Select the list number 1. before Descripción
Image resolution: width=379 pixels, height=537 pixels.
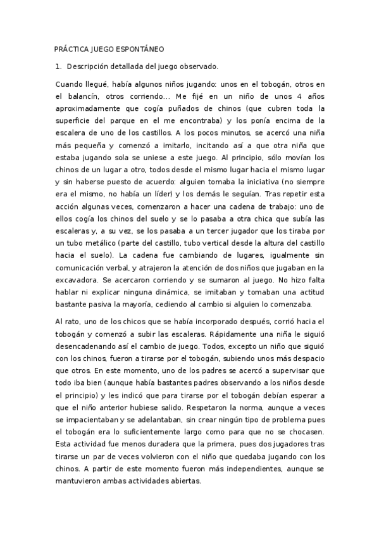59,66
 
